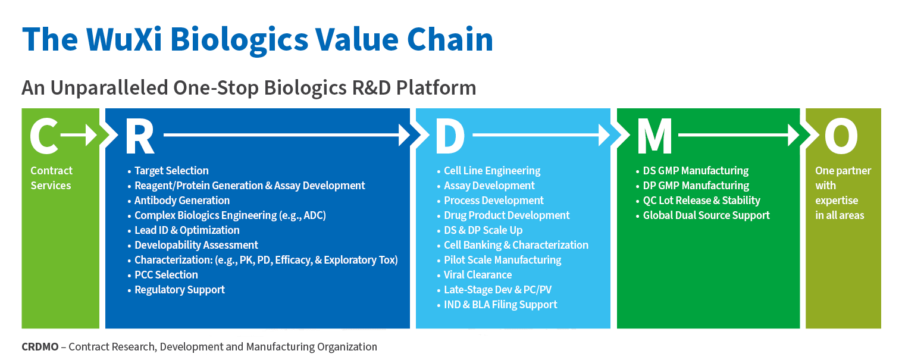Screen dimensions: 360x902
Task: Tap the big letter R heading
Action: tap(139, 136)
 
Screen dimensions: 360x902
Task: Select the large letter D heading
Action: tap(450, 136)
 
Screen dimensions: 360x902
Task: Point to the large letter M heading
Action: tap(654, 136)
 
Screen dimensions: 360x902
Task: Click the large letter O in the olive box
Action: tap(841, 136)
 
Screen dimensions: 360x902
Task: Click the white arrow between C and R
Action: tap(79, 136)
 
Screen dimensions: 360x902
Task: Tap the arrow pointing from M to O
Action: tap(738, 136)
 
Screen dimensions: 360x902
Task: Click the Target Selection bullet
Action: tap(171, 171)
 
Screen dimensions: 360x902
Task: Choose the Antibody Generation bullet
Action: tap(181, 201)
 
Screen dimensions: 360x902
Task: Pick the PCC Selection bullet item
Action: tap(166, 275)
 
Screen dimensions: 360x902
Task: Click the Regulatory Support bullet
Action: tap(179, 290)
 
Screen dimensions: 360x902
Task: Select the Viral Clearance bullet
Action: tap(477, 275)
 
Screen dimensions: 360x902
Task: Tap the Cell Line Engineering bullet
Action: tap(491, 171)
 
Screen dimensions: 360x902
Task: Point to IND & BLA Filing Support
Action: tap(500, 305)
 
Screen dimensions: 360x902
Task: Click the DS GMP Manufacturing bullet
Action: tap(695, 171)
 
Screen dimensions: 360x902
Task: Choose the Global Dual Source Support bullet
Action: tap(706, 215)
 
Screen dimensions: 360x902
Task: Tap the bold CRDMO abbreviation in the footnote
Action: tap(40, 347)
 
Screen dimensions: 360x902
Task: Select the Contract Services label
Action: tap(51, 178)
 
